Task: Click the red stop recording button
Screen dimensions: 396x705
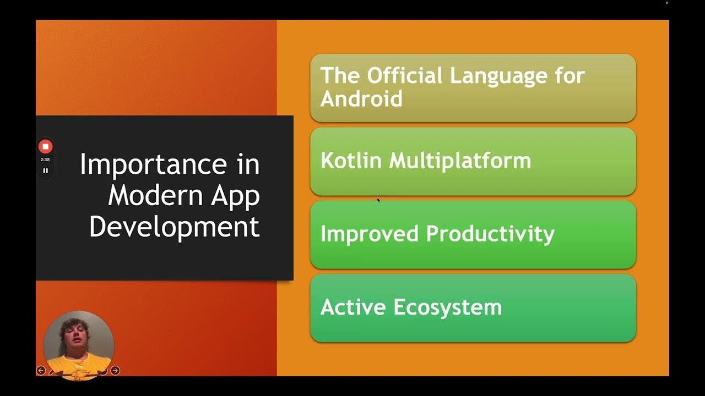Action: [45, 146]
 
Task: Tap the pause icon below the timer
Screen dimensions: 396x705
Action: [45, 170]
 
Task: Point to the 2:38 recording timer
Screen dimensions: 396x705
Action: [45, 159]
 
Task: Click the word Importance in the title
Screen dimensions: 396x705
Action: [151, 164]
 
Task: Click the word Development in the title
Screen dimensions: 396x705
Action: [174, 227]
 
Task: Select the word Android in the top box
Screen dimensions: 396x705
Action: [361, 99]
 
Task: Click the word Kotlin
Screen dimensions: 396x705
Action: [351, 161]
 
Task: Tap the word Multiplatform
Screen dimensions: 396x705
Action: [460, 161]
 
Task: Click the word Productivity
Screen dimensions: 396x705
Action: [490, 234]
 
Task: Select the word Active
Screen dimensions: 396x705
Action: [354, 307]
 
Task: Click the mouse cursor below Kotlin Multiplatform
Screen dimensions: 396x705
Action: [378, 200]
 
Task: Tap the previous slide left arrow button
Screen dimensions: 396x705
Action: [41, 371]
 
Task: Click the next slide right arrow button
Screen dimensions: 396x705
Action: [115, 371]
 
